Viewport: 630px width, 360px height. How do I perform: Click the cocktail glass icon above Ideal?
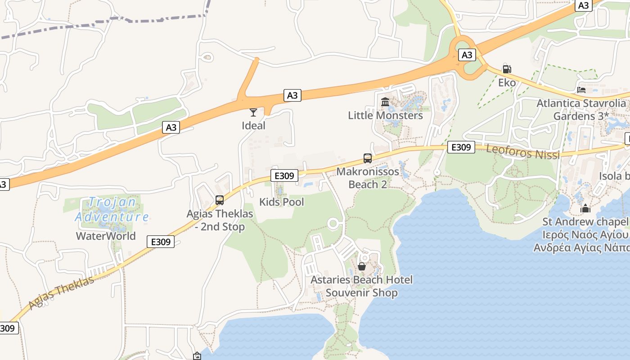click(x=253, y=112)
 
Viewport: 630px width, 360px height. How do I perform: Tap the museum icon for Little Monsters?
click(x=385, y=102)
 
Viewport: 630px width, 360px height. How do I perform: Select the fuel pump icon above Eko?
click(x=507, y=69)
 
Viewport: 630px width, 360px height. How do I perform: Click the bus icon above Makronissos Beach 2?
click(x=368, y=158)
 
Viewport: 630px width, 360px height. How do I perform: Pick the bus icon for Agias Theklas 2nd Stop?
click(x=220, y=200)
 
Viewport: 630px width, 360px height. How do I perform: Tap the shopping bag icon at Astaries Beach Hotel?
click(x=362, y=266)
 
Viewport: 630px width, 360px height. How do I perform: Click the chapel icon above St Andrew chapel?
click(x=585, y=208)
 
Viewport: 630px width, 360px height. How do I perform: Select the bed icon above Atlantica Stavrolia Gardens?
click(x=581, y=90)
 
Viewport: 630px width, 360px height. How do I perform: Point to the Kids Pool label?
click(x=282, y=202)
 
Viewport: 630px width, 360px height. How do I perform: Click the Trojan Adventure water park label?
click(x=112, y=210)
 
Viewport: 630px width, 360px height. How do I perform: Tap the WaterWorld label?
click(x=106, y=236)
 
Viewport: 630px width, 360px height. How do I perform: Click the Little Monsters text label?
click(x=385, y=115)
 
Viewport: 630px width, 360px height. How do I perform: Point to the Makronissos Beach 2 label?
click(x=368, y=178)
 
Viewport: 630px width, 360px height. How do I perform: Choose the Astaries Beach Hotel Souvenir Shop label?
click(x=361, y=286)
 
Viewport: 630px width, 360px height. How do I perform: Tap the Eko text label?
click(x=507, y=83)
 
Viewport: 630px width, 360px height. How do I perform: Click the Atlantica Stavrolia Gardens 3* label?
click(x=581, y=109)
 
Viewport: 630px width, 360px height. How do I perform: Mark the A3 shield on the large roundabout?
click(x=467, y=55)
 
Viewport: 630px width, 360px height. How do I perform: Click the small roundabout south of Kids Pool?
click(x=333, y=223)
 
